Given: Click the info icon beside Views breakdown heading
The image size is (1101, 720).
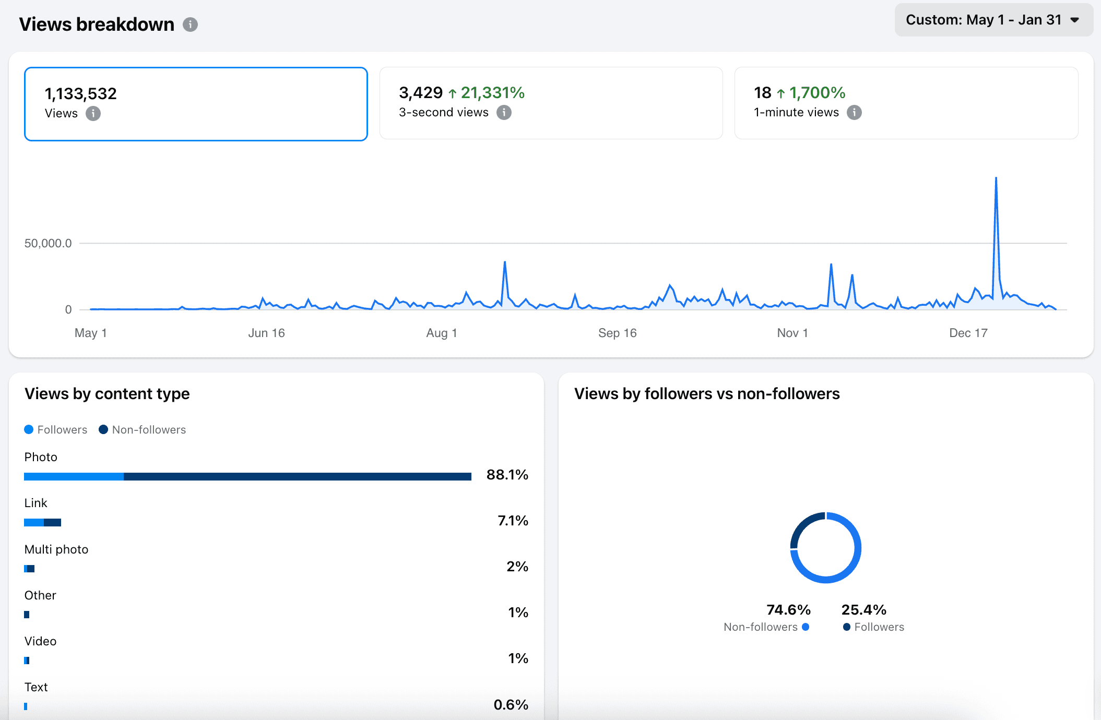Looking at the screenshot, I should click(x=190, y=25).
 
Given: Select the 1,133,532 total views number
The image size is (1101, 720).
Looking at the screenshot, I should click(x=81, y=94).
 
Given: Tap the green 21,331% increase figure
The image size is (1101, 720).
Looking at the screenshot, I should click(x=492, y=93).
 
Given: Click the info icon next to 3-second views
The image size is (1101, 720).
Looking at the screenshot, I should click(x=504, y=113).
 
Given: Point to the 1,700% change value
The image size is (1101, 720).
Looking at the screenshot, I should click(x=817, y=93).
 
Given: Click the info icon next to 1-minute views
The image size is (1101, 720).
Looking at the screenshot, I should click(x=854, y=113).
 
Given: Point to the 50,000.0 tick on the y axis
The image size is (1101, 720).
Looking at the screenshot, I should click(x=48, y=243).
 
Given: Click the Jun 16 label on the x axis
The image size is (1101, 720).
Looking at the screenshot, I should click(x=266, y=333).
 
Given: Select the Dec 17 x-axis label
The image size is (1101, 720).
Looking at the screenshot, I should click(x=968, y=333).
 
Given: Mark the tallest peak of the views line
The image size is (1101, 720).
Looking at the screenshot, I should click(x=996, y=178).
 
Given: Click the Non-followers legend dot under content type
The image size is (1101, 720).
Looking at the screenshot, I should click(x=103, y=429).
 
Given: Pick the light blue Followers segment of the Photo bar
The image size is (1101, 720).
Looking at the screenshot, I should click(x=74, y=476).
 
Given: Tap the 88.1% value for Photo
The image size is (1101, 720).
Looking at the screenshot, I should click(x=507, y=475).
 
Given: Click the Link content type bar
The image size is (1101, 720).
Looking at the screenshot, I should click(x=43, y=522).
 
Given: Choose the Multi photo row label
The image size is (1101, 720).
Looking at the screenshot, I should click(x=56, y=549).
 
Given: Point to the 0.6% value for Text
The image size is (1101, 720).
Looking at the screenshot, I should click(x=511, y=705).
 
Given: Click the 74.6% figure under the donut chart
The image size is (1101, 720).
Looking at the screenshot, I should click(x=788, y=610).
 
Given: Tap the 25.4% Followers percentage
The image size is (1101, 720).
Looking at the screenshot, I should click(x=863, y=610).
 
